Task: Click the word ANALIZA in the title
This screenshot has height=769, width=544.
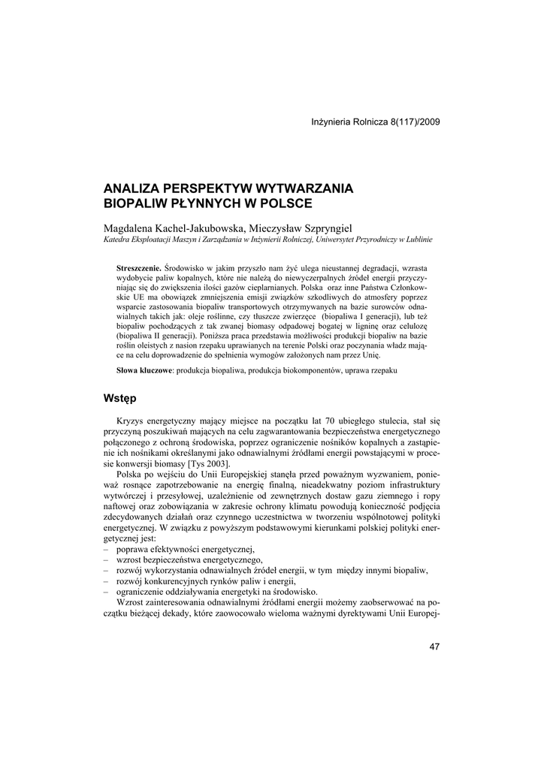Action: coord(133,187)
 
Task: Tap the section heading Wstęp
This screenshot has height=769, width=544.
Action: coord(120,397)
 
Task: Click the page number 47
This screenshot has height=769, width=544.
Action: coord(434,647)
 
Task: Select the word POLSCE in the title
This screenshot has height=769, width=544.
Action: coord(286,203)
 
